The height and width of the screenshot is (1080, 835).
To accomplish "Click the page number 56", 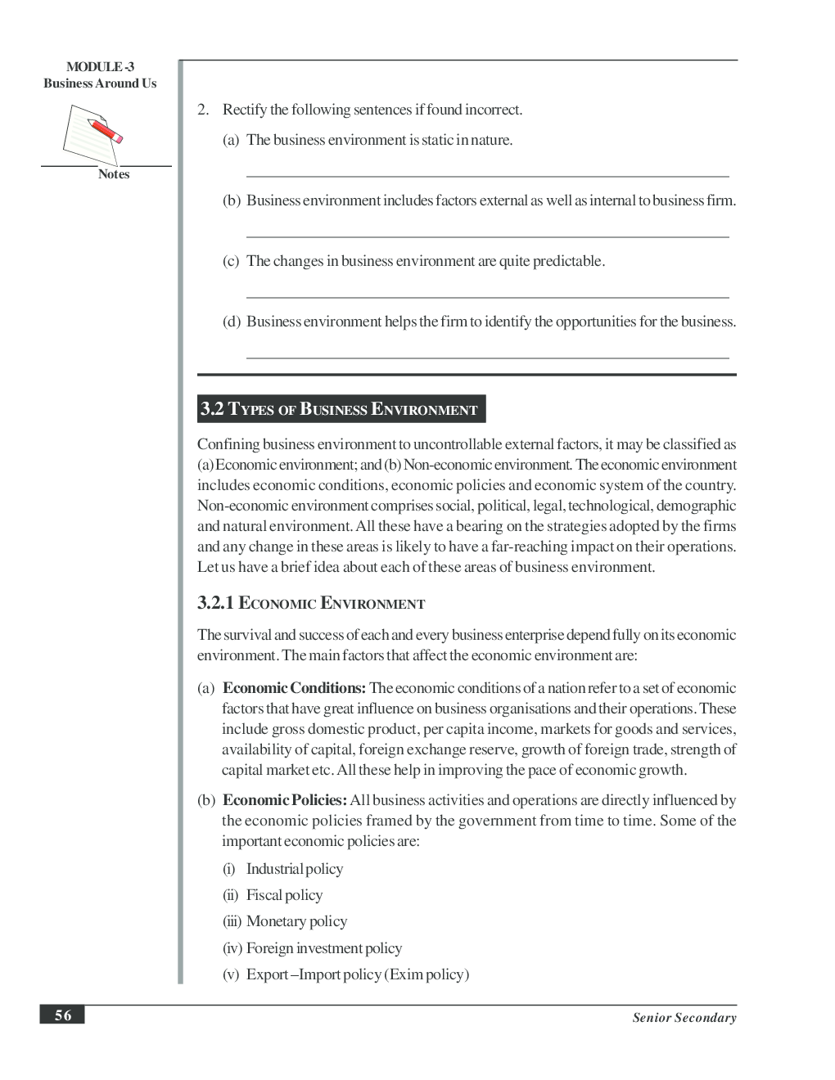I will point(62,1015).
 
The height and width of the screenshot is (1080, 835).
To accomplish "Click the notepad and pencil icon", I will point(92,134).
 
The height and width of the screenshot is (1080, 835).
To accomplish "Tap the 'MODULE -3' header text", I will point(100,67).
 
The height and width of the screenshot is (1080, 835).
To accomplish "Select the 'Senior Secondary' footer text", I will point(684,1018).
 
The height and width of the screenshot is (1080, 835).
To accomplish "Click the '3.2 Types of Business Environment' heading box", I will point(341,409).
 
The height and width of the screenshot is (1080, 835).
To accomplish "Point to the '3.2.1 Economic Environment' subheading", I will point(310,604).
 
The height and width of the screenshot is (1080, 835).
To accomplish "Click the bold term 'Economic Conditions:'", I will point(293,688).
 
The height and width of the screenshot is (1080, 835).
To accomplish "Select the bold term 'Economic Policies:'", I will point(284,800).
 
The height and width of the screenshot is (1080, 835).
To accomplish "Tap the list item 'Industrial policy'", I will point(294,869).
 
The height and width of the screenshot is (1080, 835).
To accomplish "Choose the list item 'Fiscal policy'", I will point(284,895).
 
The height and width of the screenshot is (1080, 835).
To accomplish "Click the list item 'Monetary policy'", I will point(296,921).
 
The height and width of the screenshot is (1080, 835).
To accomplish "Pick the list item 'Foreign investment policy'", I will point(323,948).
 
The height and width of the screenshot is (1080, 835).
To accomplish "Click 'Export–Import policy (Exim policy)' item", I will point(357,974).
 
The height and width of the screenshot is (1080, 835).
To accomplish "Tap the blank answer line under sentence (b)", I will point(487,236).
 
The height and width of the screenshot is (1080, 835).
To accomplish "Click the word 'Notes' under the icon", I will point(114,174).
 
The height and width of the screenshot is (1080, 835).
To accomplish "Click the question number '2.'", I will point(203,110).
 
